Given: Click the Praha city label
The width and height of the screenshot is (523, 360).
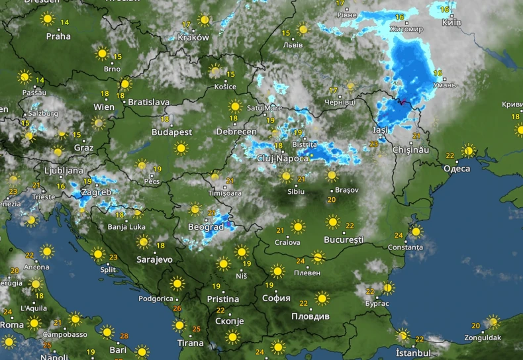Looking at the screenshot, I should (58, 36).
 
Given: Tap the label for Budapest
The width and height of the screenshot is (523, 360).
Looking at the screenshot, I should (171, 132).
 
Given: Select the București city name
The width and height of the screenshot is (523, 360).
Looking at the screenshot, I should (344, 239).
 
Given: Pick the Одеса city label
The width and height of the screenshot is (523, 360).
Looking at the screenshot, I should (457, 168).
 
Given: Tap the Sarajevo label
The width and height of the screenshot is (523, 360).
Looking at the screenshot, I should (154, 259).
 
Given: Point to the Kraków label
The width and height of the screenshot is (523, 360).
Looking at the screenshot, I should (193, 38).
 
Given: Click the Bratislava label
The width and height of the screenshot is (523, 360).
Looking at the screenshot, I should (148, 103).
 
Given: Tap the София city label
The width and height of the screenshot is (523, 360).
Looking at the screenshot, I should (277, 298).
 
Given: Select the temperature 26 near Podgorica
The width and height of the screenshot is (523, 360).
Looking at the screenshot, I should (177, 308).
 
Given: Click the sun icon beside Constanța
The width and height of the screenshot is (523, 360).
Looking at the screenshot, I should (415, 232).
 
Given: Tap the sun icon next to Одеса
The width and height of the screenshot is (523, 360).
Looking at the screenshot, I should (468, 151).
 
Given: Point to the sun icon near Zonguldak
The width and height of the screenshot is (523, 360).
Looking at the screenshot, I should (493, 322).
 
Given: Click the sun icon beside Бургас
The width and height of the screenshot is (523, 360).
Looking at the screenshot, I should (388, 288).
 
